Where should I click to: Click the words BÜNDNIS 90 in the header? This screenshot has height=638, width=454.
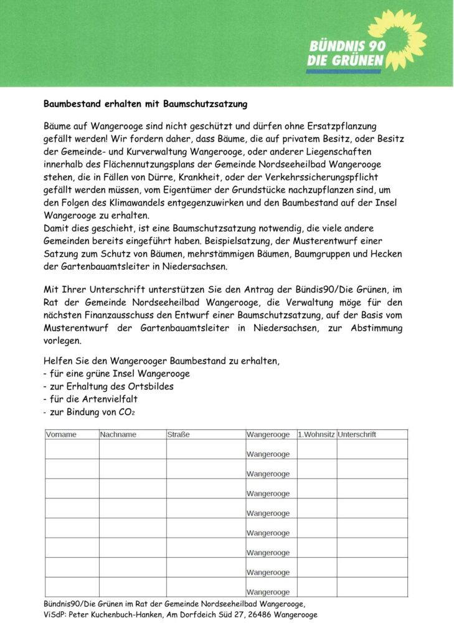coord(346,47)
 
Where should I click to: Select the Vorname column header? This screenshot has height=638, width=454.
coord(61,434)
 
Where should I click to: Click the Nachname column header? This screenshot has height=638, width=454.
coord(118,434)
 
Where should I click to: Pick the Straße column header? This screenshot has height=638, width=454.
coord(179,434)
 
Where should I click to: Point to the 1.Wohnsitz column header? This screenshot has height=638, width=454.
coord(316,434)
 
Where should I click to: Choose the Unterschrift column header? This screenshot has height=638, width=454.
coord(357,434)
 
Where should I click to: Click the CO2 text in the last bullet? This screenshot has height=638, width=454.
coord(125,412)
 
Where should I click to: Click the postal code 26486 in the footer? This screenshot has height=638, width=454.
coord(260,614)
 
